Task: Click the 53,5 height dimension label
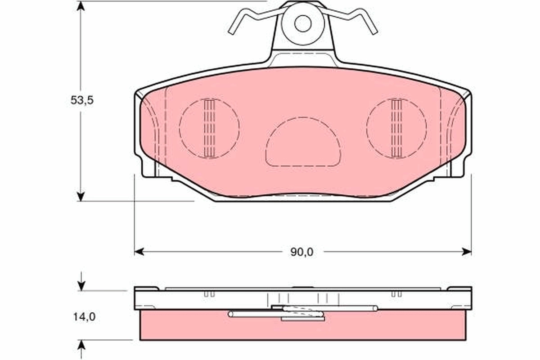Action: (x=81, y=100)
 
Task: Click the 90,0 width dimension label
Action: (x=301, y=252)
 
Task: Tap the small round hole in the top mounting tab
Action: (x=302, y=23)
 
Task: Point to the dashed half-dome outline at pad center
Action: (x=302, y=142)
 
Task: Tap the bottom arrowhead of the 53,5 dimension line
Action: (x=81, y=196)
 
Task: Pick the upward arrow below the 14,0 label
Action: (x=81, y=345)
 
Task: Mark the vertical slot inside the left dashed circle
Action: (x=209, y=128)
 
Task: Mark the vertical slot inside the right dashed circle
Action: (x=396, y=128)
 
